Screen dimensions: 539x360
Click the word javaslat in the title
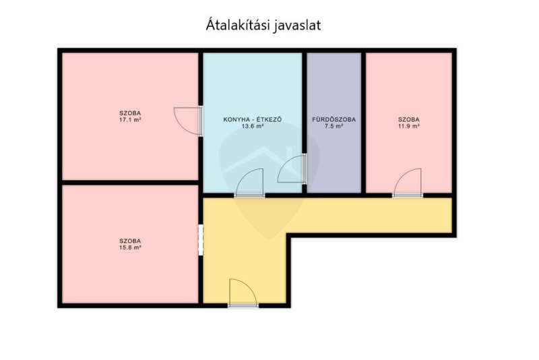pos(297,26)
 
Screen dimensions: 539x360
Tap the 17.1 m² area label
pos(130,120)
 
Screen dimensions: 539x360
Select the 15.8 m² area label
pos(130,247)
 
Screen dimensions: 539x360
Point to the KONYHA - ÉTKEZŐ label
pos(253,119)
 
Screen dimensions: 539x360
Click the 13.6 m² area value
pos(253,126)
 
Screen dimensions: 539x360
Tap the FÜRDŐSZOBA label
pos(334,119)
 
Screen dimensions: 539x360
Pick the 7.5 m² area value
pos(334,126)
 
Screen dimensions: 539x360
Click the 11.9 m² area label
pos(409,126)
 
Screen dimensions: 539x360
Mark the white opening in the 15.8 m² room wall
pos(201,240)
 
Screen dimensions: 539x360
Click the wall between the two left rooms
pos(130,183)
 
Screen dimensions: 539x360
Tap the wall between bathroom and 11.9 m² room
pos(363,123)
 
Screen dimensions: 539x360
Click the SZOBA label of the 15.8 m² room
pos(130,241)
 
